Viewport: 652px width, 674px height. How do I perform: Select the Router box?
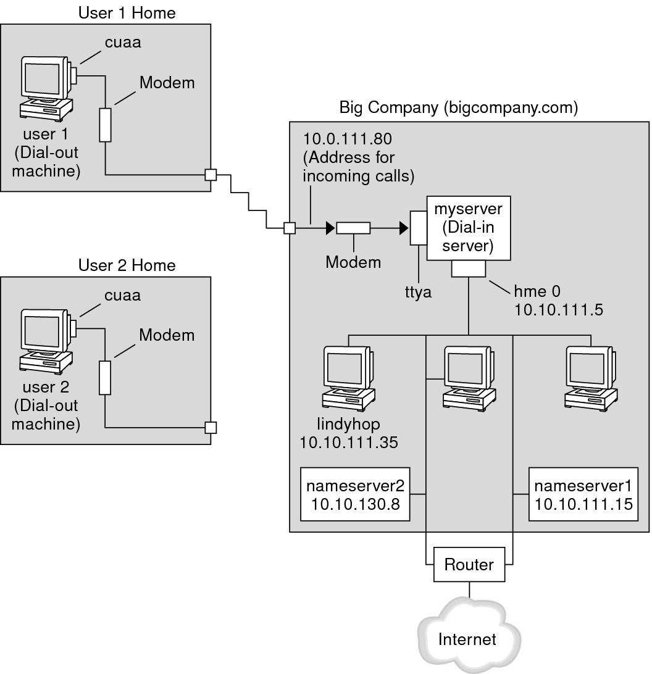[469, 564]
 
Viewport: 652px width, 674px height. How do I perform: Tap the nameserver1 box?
[583, 495]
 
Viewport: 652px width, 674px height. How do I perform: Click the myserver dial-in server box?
[469, 229]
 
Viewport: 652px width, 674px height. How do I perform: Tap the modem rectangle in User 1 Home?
[105, 125]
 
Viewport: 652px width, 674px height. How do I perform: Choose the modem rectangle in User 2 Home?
[105, 378]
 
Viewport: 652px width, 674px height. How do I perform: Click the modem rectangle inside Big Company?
[353, 228]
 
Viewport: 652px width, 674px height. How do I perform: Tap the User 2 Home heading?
[127, 265]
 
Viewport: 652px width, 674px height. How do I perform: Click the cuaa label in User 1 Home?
[122, 43]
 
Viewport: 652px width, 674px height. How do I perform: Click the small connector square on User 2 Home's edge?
[211, 426]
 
